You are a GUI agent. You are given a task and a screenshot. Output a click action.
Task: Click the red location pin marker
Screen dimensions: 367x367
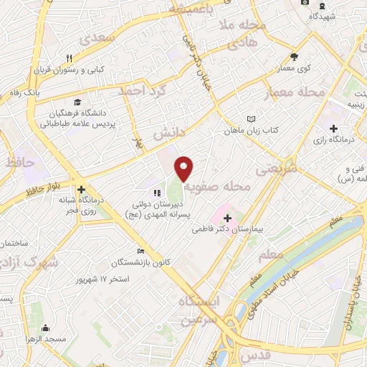pyautogui.click(x=184, y=168)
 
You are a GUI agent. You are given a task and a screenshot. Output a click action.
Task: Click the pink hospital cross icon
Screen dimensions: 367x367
pyautogui.click(x=221, y=216)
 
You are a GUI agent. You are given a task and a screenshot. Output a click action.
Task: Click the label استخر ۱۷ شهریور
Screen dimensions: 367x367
pyautogui.click(x=105, y=277)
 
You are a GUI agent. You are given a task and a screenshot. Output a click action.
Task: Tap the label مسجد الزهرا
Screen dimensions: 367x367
pyautogui.click(x=45, y=338)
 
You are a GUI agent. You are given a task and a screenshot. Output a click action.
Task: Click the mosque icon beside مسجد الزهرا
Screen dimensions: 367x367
pyautogui.click(x=45, y=327)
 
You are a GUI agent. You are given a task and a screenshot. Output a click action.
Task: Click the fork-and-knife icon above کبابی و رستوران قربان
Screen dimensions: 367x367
pyautogui.click(x=69, y=58)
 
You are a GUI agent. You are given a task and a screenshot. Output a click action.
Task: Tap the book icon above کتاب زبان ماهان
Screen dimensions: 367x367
pyautogui.click(x=250, y=119)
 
